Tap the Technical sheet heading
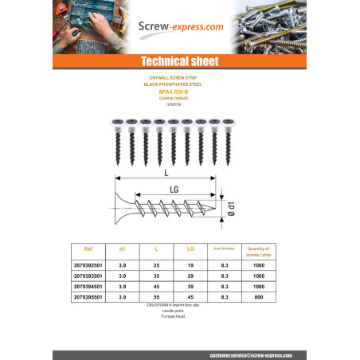tap(179, 61)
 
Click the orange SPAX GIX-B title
tap(179, 92)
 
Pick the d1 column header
tap(122, 249)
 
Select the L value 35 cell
tap(156, 274)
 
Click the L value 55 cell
tap(156, 296)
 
